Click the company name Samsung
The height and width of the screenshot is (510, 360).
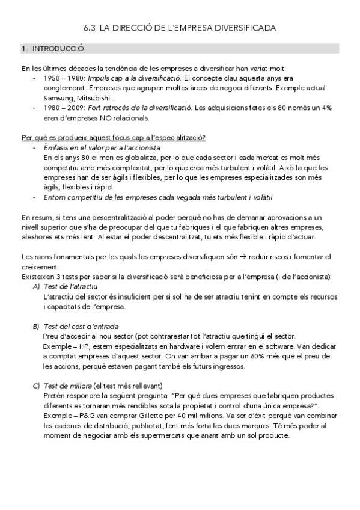point(58,98)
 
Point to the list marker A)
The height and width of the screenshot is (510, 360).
point(36,287)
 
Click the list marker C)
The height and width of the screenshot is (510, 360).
point(36,385)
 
